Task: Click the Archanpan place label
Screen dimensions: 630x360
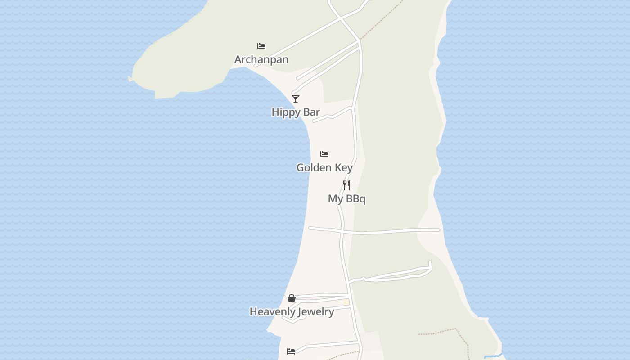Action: (261, 59)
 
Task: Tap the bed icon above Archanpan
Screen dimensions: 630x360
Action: (261, 46)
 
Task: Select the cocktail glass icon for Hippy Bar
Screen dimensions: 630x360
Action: (296, 99)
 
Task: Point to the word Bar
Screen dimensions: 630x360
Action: (311, 112)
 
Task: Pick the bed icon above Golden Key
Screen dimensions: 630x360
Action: (324, 154)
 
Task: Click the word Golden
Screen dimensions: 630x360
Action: (313, 167)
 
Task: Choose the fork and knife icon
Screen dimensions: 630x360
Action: (346, 185)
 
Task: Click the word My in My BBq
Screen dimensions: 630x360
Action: (335, 199)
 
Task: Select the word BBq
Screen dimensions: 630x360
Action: (355, 199)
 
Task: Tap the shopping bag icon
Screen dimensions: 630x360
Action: (292, 298)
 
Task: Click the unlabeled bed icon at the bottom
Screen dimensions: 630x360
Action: (291, 351)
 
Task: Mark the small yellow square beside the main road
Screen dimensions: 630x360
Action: (346, 302)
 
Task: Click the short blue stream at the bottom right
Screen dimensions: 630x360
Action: (493, 355)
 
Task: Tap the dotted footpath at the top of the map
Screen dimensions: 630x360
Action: (382, 20)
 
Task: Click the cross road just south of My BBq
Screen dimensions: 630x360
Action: (382, 232)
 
